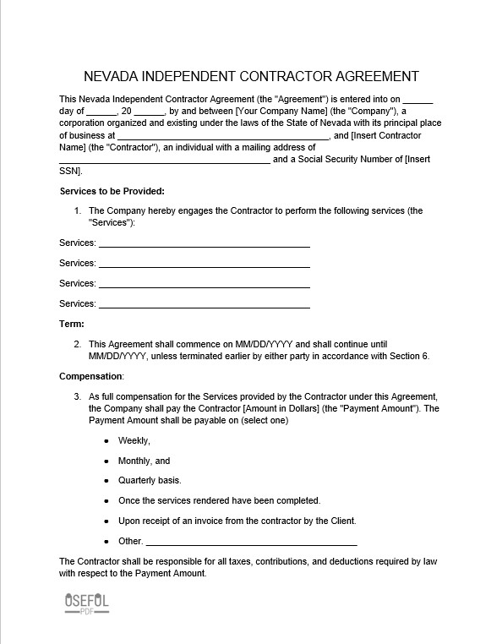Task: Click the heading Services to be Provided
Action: click(x=112, y=191)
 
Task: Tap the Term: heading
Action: click(x=71, y=324)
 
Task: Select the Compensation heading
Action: click(x=91, y=376)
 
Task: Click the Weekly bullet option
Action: click(x=134, y=440)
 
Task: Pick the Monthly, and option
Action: click(x=144, y=461)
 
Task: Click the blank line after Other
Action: click(x=251, y=542)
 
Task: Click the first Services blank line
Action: click(x=204, y=243)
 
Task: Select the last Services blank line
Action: click(x=204, y=304)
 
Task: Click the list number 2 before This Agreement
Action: click(x=77, y=344)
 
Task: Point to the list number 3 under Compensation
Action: click(x=77, y=396)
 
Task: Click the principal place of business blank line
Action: click(x=222, y=136)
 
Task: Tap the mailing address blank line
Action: click(x=164, y=160)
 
